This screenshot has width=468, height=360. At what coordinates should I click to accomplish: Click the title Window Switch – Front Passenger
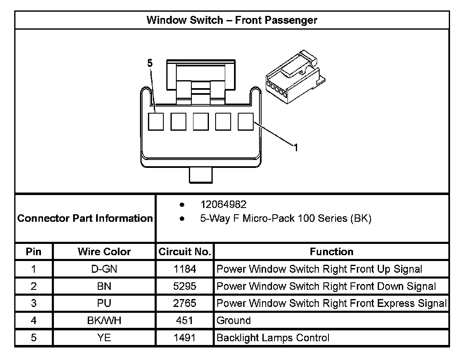pyautogui.click(x=232, y=20)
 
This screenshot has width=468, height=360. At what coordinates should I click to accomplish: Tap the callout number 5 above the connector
pyautogui.click(x=150, y=63)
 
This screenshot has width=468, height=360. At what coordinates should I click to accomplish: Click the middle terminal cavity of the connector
pyautogui.click(x=201, y=122)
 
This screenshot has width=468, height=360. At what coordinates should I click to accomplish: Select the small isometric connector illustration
pyautogui.click(x=295, y=77)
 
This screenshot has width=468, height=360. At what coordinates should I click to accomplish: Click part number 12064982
pyautogui.click(x=224, y=205)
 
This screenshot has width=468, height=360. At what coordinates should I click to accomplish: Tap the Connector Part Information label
pyautogui.click(x=85, y=218)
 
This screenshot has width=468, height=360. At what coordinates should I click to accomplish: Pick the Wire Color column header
pyautogui.click(x=104, y=252)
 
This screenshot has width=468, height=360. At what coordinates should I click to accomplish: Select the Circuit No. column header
pyautogui.click(x=184, y=252)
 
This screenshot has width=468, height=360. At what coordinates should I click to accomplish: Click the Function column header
pyautogui.click(x=331, y=252)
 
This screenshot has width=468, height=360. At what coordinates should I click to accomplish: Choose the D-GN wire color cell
pyautogui.click(x=104, y=269)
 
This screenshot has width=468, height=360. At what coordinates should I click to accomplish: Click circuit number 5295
pyautogui.click(x=184, y=286)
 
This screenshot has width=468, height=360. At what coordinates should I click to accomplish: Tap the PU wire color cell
pyautogui.click(x=104, y=304)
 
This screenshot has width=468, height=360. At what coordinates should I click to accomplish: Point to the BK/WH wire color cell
pyautogui.click(x=104, y=321)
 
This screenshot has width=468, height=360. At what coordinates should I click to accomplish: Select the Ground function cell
pyautogui.click(x=234, y=321)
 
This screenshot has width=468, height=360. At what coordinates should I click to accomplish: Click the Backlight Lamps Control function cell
pyautogui.click(x=273, y=338)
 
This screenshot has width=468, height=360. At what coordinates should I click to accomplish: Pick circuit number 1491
pyautogui.click(x=184, y=338)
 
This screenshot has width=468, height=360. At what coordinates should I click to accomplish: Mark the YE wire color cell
pyautogui.click(x=104, y=338)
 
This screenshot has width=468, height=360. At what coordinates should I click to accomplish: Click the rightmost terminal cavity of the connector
pyautogui.click(x=246, y=122)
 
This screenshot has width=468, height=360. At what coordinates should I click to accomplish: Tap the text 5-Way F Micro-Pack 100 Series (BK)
pyautogui.click(x=286, y=218)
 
